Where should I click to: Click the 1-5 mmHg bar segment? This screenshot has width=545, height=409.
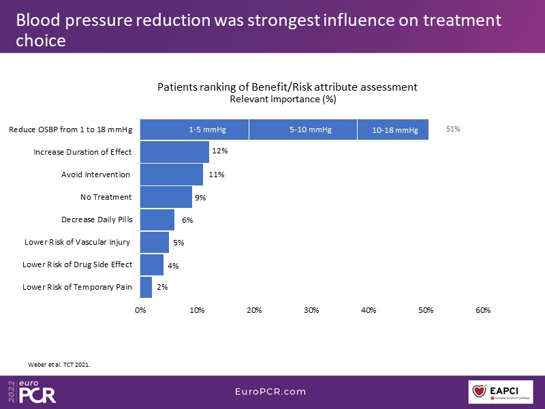(194, 130)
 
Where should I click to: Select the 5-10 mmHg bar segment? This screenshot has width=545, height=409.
(303, 130)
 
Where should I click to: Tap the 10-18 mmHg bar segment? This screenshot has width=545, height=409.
(393, 130)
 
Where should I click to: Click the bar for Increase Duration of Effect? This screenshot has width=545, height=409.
(174, 152)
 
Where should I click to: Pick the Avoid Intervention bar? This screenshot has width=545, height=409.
(171, 175)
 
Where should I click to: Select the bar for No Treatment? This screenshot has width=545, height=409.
(166, 197)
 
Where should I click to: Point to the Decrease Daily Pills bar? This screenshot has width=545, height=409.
(157, 219)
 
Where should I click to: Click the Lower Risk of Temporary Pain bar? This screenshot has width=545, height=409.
(146, 287)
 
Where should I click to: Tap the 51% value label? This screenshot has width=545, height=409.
(453, 128)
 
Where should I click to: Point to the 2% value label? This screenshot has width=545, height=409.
(162, 287)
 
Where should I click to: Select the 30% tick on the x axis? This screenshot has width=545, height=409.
(312, 310)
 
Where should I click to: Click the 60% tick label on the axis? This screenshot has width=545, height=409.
(483, 310)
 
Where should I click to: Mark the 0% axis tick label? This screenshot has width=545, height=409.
(140, 310)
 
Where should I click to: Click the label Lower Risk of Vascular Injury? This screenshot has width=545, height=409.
(77, 242)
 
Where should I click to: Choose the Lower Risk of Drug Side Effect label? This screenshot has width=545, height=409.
(77, 264)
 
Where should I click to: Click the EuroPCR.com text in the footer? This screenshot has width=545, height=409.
(271, 392)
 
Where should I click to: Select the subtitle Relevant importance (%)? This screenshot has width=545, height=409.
(287, 99)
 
